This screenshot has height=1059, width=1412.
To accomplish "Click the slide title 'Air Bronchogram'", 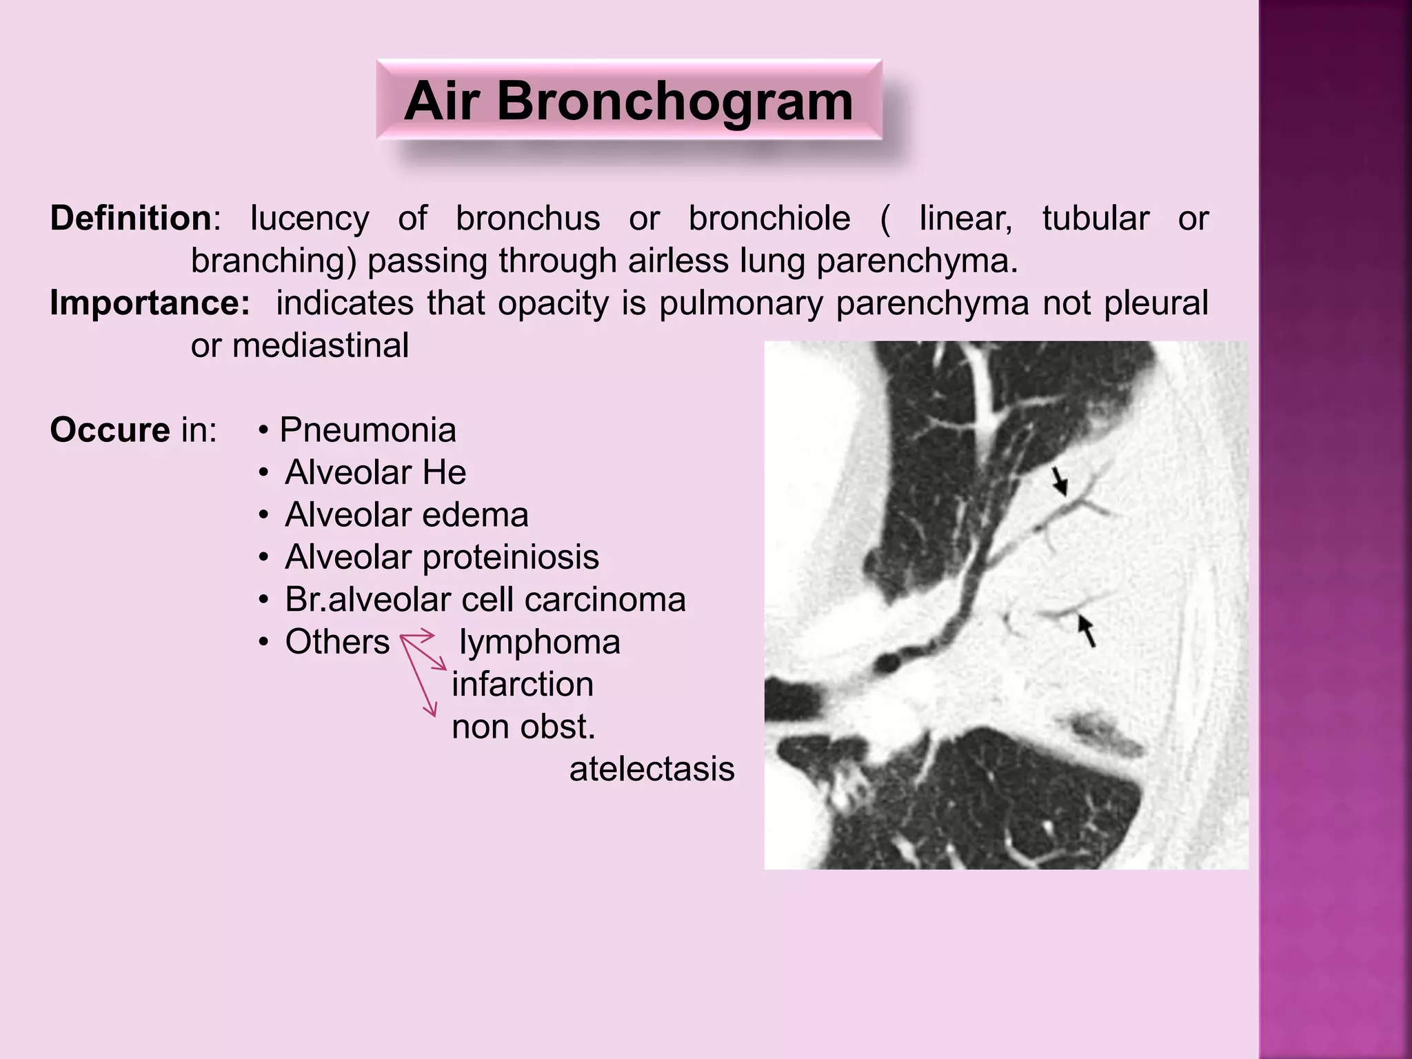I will click(628, 101).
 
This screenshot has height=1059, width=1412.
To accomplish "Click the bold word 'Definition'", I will click(131, 219).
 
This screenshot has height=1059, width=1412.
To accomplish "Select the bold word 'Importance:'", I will click(150, 303).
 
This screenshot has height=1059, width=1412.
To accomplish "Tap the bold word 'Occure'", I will click(110, 430).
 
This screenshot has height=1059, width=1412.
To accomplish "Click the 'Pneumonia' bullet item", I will click(367, 430).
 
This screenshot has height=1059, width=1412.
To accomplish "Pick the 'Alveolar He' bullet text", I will click(375, 473).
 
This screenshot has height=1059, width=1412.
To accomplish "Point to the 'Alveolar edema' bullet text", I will click(406, 515).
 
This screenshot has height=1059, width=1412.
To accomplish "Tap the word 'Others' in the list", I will click(337, 642).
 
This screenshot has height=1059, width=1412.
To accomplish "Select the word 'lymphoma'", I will click(539, 642).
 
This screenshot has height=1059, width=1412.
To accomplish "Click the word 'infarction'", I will click(523, 685).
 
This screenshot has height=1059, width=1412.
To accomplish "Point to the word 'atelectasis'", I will click(652, 769).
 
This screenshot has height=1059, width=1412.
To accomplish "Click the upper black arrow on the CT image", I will click(1060, 481).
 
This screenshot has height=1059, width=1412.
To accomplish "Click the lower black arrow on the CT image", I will click(1087, 630).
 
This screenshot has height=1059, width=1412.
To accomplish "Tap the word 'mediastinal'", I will click(321, 345).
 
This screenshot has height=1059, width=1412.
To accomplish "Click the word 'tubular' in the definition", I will click(1095, 219).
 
